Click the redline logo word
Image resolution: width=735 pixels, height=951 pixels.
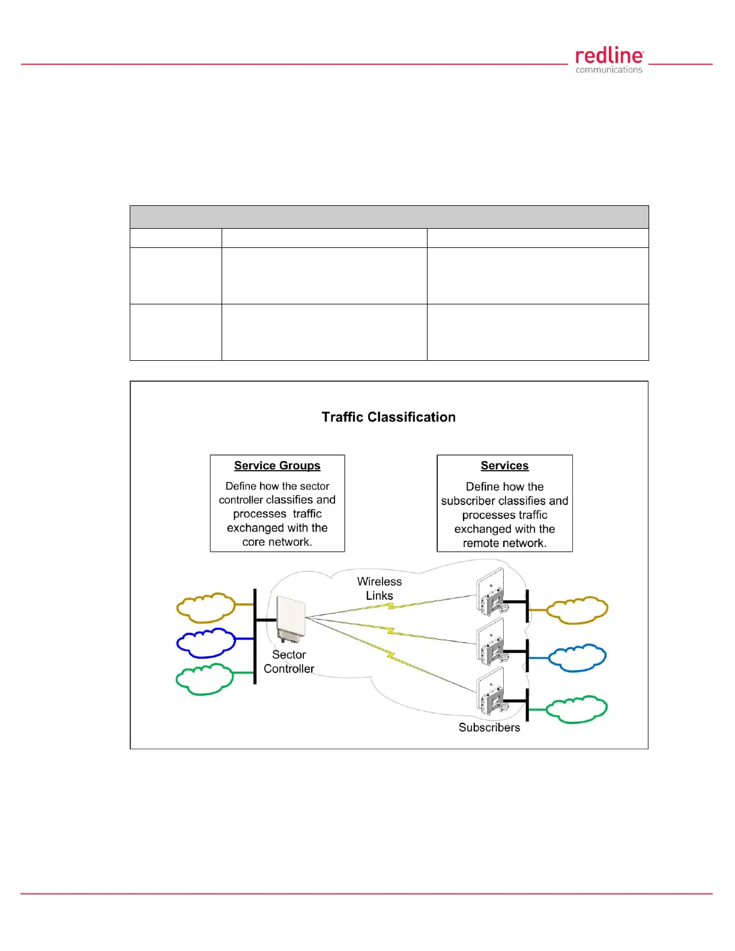coord(609,56)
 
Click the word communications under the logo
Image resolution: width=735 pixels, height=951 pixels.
coord(609,70)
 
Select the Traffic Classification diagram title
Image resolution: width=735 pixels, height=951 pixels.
coord(389,417)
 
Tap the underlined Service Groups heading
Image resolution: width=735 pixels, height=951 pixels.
coord(277,466)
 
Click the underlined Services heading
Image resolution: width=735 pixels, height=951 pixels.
coord(504,466)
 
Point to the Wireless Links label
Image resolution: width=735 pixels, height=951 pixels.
coord(380,588)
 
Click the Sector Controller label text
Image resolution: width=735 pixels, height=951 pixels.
coord(289,662)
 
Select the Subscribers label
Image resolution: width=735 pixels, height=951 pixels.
coord(489,728)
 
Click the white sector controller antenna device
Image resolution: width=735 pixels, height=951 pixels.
coord(290,618)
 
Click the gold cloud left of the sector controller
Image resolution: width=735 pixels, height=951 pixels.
coord(205,608)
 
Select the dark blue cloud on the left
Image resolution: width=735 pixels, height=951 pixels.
coord(205,642)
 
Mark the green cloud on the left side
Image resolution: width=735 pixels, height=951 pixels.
coord(204,679)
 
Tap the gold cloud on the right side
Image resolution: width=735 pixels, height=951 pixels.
coord(577,610)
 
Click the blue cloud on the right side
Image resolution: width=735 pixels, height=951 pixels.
coord(577,658)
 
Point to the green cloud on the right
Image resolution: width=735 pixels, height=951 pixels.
coord(577,709)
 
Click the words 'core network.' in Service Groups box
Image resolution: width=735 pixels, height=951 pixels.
coord(277,542)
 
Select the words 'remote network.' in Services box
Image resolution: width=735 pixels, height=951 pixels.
coord(504,543)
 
